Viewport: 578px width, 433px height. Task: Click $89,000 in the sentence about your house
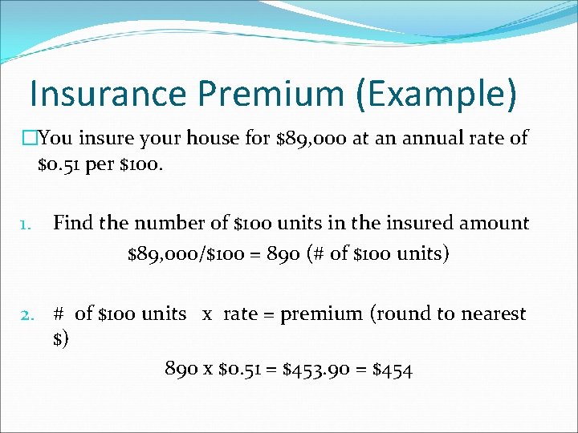point(309,138)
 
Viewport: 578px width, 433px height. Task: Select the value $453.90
point(318,369)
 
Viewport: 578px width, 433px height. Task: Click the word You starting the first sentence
point(54,138)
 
